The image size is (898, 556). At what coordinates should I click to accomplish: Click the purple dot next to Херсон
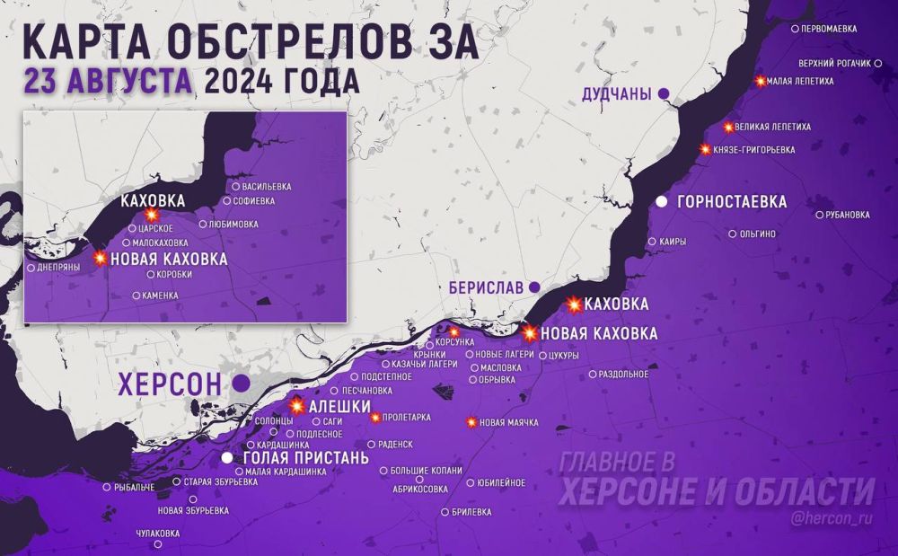point(241,384)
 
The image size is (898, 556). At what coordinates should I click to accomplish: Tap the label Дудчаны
point(616,93)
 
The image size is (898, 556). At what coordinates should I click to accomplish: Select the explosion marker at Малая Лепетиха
point(761,81)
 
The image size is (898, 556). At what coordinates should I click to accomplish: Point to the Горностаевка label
point(733,202)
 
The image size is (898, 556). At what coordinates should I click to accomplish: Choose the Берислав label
point(486,287)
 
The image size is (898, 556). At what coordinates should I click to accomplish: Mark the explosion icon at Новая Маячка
point(471,422)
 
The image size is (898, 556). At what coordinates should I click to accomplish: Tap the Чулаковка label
point(157,533)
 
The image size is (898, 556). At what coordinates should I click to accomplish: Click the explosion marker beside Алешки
point(297,407)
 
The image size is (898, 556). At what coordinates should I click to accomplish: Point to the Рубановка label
point(847,215)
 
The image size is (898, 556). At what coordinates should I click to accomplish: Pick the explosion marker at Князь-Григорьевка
point(705,149)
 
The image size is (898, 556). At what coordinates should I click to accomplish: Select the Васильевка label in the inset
point(267,187)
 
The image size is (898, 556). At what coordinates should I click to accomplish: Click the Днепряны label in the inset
point(59,268)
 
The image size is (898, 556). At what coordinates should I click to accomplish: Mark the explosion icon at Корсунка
point(453,332)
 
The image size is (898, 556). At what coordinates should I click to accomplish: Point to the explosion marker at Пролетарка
point(375,417)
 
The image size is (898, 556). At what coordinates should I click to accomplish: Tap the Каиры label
point(673,242)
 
